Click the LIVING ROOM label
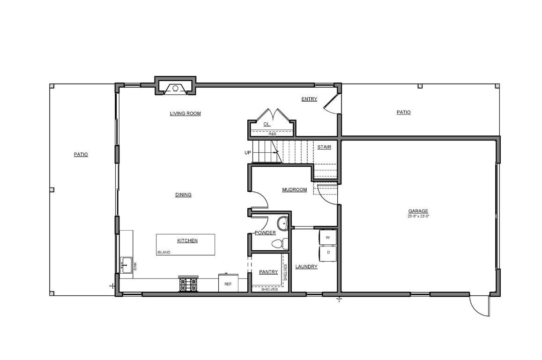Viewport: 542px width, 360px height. (186, 113)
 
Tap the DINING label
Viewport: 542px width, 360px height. (183, 195)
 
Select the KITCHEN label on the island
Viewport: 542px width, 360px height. (187, 240)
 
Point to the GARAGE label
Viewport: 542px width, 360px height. (418, 211)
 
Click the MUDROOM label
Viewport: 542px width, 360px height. (295, 189)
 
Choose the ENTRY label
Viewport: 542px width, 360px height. (309, 99)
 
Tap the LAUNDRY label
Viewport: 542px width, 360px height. (306, 267)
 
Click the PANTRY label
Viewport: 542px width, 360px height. (268, 272)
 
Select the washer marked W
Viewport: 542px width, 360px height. (328, 237)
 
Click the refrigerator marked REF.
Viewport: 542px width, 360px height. (228, 283)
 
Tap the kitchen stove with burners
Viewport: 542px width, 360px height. (188, 284)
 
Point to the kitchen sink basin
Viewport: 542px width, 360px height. (126, 265)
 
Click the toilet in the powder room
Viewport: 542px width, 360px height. (280, 244)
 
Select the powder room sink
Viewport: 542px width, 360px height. (283, 224)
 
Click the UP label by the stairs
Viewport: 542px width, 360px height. (247, 152)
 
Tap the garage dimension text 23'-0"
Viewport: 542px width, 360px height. (424, 217)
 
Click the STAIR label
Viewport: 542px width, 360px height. (324, 147)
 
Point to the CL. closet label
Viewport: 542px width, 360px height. (267, 124)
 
